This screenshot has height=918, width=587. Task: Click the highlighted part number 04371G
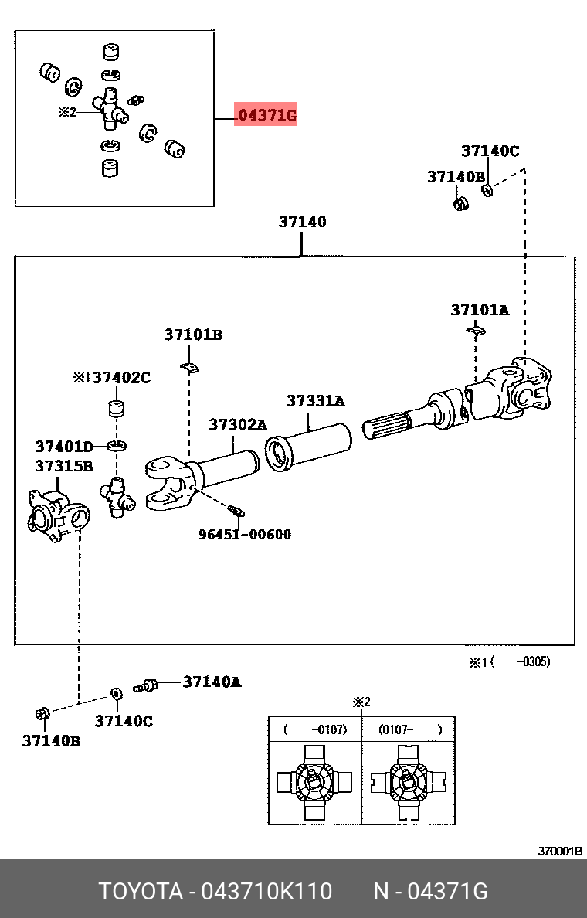pos(266,116)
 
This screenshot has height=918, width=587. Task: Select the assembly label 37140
pos(302,222)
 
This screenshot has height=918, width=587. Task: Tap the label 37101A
pos(480,310)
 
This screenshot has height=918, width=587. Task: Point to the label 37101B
pos(192,335)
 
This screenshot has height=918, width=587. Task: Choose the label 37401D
pos(63,446)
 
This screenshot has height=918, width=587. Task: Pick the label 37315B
pos(63,466)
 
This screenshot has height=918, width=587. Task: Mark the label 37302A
pos(237,424)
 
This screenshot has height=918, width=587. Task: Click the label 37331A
pos(315,401)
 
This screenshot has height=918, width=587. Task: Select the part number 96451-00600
pos(244,534)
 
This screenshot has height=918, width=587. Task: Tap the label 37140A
pos(212,682)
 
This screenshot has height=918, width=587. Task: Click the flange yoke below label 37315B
pos(58,513)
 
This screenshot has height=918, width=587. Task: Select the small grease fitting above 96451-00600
pos(236,509)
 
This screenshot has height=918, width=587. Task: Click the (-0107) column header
pos(314,729)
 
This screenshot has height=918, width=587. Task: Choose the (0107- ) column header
pos(409,729)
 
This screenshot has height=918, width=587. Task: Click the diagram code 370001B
pos(560,851)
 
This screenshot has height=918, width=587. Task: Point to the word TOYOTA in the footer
pos(139,892)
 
